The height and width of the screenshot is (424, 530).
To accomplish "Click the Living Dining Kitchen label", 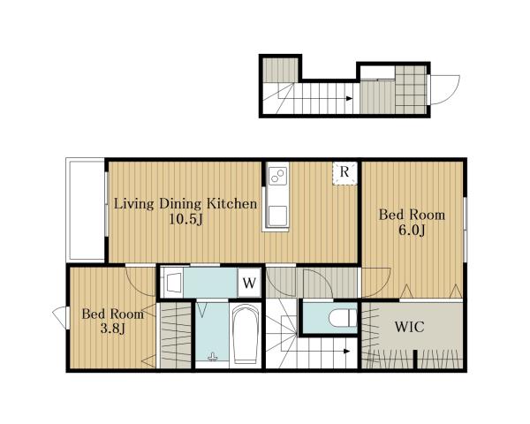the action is coord(185,204).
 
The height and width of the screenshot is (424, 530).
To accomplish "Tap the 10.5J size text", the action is coord(185,220).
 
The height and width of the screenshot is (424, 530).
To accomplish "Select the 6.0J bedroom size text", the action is coord(412,231).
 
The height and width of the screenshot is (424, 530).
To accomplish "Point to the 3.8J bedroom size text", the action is coord(113,329).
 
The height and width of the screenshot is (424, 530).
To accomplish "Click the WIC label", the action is coord(409,327).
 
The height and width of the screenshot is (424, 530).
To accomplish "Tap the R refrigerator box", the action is coord(344,173).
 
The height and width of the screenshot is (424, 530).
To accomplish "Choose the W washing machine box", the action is coord(249,283).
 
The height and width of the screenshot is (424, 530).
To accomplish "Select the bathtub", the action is coord(246,334).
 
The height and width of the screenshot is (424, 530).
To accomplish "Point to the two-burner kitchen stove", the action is coord(278,176).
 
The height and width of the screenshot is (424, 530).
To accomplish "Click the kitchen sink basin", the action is coord(278,216).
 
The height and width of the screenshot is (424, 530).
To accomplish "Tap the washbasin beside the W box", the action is coord(174,283).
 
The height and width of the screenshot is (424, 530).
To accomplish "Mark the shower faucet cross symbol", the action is coord(212,356).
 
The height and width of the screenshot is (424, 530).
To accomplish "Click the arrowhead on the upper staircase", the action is coord(350,99).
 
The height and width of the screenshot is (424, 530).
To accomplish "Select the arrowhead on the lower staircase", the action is coord(346,351).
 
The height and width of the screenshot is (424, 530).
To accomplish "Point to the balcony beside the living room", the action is coord(87,209).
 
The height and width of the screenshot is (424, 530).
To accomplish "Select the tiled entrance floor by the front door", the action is coord(411,89).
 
